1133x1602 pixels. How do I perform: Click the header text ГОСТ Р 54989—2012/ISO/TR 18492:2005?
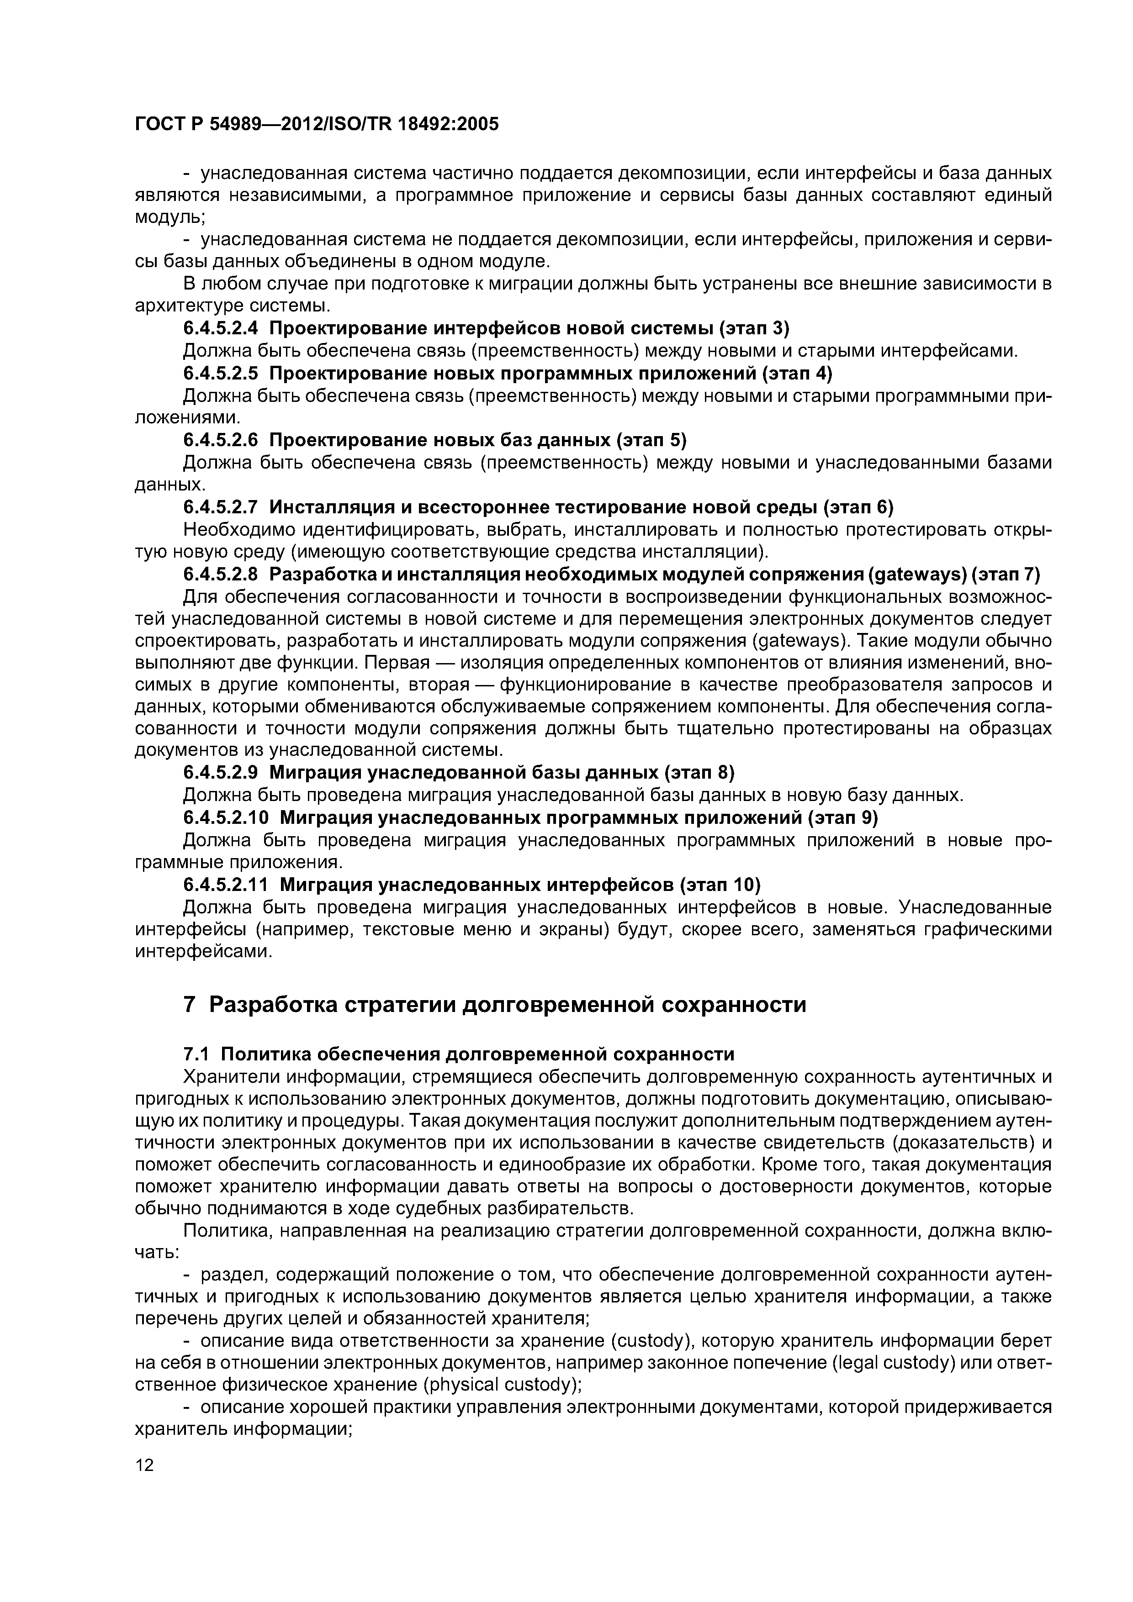(x=316, y=124)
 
